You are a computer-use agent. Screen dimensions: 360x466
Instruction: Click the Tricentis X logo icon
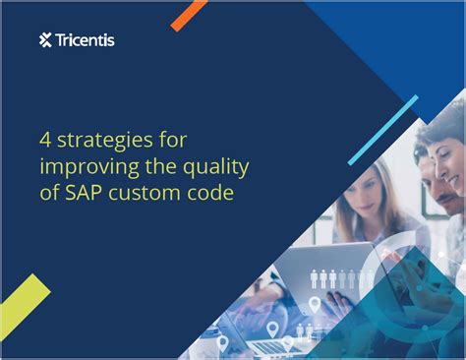pyautogui.click(x=45, y=40)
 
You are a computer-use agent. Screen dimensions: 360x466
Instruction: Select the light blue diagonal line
pyautogui.click(x=383, y=128)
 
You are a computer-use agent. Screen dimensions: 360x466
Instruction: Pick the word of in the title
pyautogui.click(x=51, y=194)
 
